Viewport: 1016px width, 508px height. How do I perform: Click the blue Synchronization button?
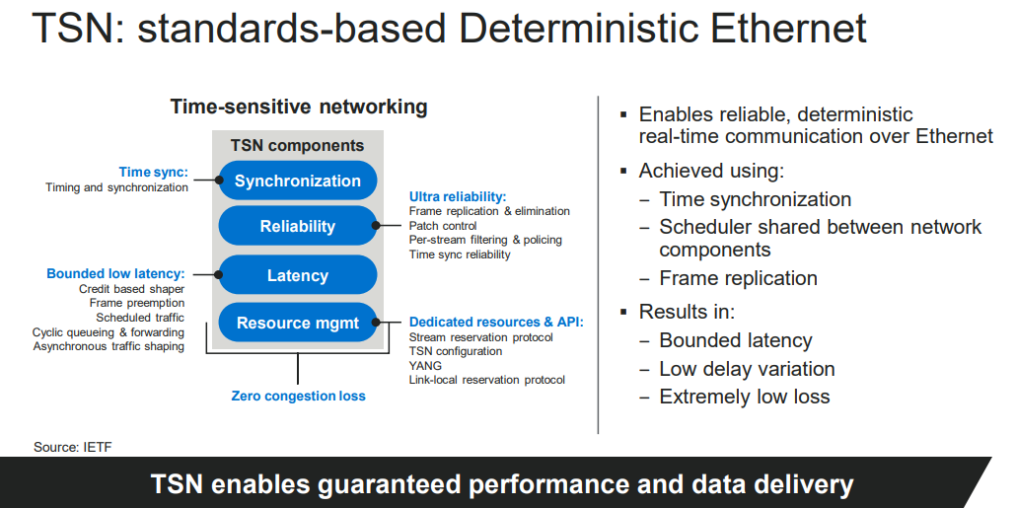tap(297, 181)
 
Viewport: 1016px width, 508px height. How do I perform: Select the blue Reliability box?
tap(297, 226)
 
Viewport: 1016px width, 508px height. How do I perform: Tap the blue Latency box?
tap(297, 275)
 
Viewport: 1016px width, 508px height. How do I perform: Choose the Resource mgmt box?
tap(297, 323)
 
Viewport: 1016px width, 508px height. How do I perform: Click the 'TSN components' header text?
tap(297, 145)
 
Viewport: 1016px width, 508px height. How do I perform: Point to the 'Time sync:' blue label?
tap(153, 172)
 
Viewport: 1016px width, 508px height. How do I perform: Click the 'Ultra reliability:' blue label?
tap(458, 196)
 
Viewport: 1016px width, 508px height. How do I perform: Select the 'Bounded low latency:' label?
tap(115, 273)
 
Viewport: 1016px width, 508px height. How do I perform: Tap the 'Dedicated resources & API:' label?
tap(496, 322)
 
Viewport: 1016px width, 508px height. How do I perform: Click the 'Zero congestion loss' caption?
tap(298, 396)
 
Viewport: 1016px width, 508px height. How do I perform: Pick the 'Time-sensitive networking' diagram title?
tap(299, 107)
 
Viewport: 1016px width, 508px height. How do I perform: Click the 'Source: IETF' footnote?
tap(73, 447)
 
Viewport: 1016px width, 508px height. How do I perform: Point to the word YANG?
tap(426, 365)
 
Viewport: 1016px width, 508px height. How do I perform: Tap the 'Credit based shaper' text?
tap(131, 289)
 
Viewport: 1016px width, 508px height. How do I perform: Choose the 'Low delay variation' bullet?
tap(747, 369)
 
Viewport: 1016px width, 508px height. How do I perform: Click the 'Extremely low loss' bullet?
tap(745, 397)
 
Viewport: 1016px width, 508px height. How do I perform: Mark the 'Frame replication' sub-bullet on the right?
tap(738, 278)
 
